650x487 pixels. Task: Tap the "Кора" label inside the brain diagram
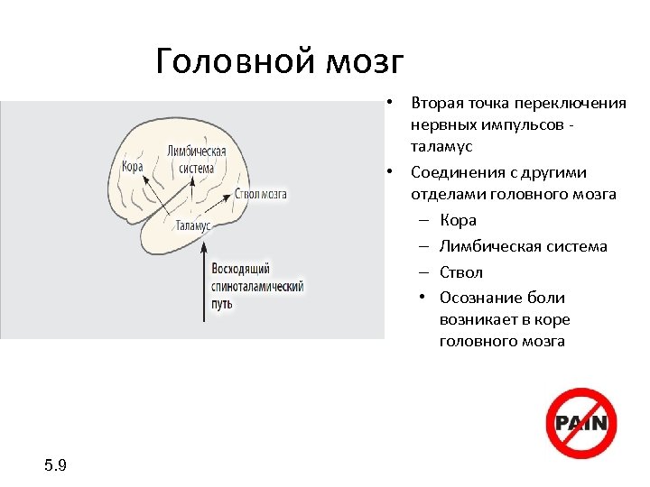pos(132,166)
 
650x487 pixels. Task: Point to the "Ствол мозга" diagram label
pos(261,193)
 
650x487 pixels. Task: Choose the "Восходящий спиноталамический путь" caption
pos(256,287)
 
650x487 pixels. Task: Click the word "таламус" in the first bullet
pos(441,146)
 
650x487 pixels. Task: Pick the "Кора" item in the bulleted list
pos(458,220)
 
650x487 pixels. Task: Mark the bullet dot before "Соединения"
pos(386,171)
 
